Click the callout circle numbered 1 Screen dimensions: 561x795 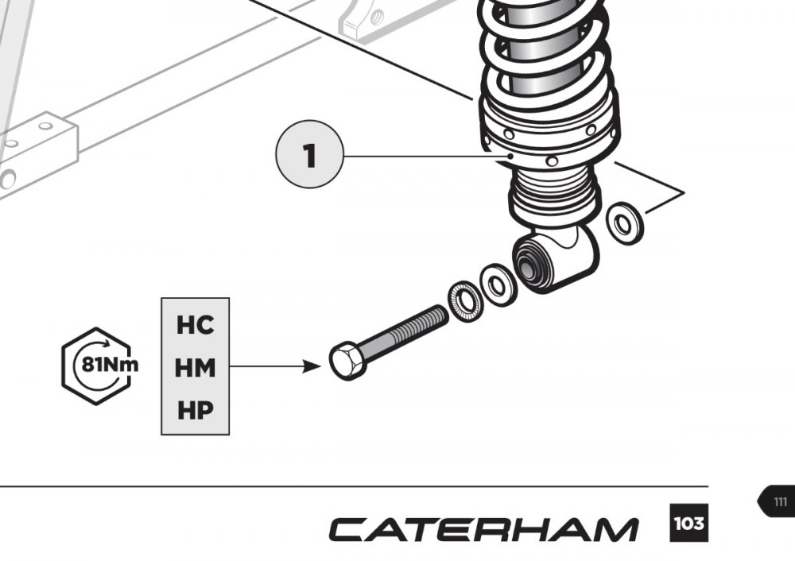(x=309, y=157)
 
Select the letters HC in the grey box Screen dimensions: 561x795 (x=195, y=325)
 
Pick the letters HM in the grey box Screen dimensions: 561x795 (x=195, y=367)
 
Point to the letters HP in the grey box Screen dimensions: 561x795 (x=195, y=410)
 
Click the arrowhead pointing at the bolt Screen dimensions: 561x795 (x=312, y=367)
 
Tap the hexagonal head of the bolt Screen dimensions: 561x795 (x=347, y=362)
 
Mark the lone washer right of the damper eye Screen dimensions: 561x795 (x=625, y=222)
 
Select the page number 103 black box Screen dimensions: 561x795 (x=688, y=524)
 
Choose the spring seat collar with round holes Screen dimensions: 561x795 (x=549, y=135)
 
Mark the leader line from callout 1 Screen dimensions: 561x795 (x=421, y=157)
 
